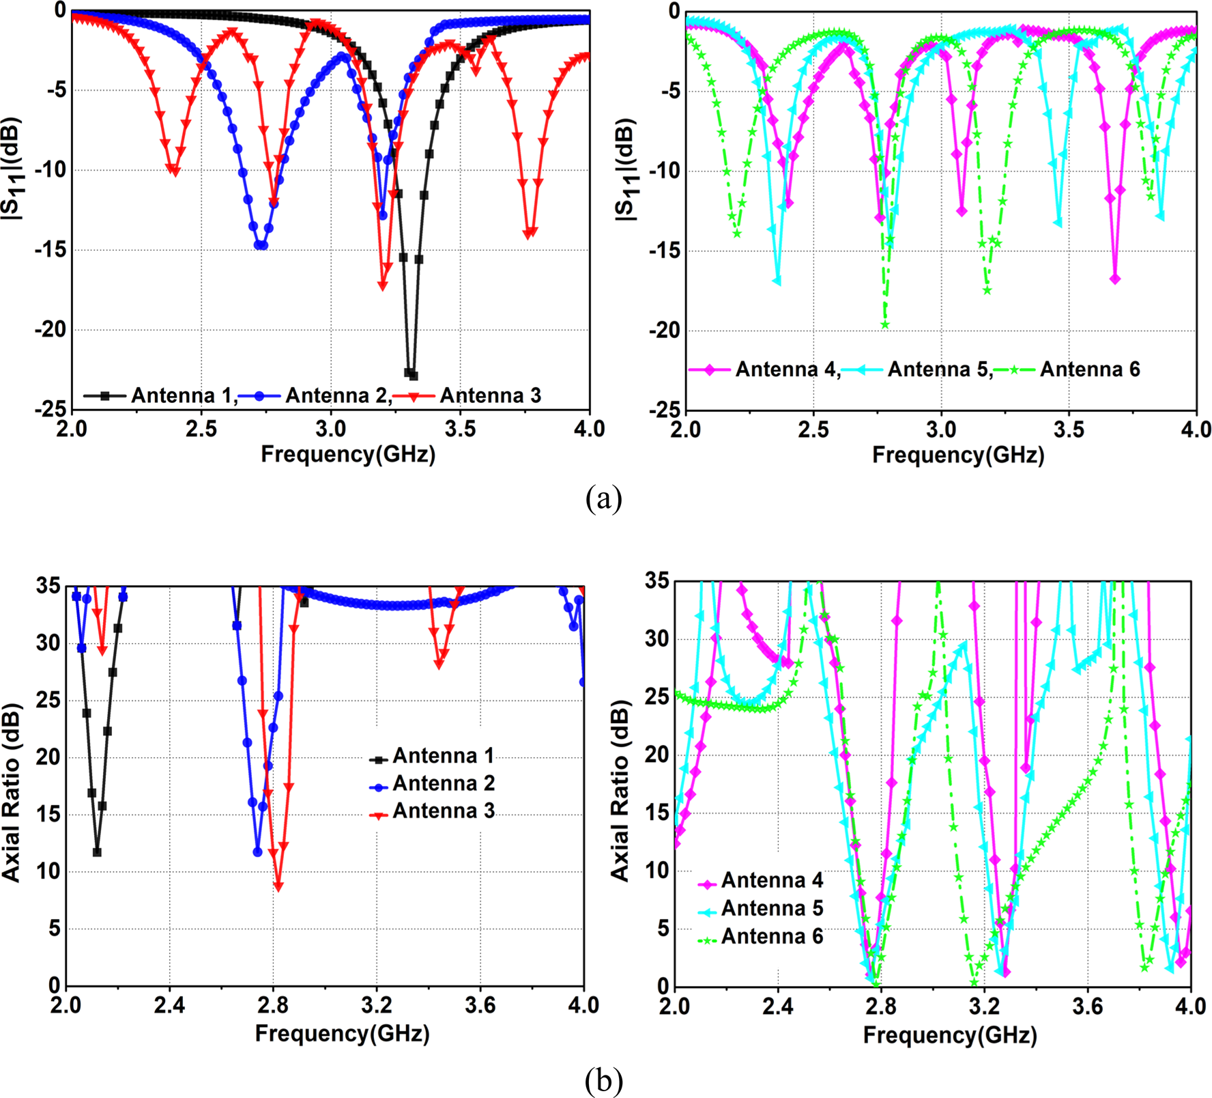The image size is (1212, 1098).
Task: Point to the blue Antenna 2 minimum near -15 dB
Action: pyautogui.click(x=260, y=245)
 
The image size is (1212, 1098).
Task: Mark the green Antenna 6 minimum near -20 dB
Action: pyautogui.click(x=885, y=324)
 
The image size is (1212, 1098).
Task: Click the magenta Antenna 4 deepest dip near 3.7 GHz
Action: pyautogui.click(x=1115, y=279)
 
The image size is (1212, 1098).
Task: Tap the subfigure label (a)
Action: pyautogui.click(x=603, y=498)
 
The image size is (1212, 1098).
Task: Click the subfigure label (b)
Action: pyautogui.click(x=603, y=1080)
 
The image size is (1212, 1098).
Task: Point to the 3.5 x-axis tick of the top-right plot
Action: pyautogui.click(x=1069, y=429)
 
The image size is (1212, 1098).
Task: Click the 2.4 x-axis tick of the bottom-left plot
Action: pyautogui.click(x=169, y=1005)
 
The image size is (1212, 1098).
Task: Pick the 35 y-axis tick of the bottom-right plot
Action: pyautogui.click(x=657, y=581)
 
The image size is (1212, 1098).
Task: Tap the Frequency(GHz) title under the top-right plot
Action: pyautogui.click(x=958, y=455)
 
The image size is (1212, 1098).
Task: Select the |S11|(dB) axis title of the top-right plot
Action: pyautogui.click(x=626, y=170)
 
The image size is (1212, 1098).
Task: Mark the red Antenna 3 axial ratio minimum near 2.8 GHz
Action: pyautogui.click(x=278, y=886)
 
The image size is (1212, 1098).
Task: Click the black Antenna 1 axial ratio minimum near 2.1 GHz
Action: pyautogui.click(x=97, y=852)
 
